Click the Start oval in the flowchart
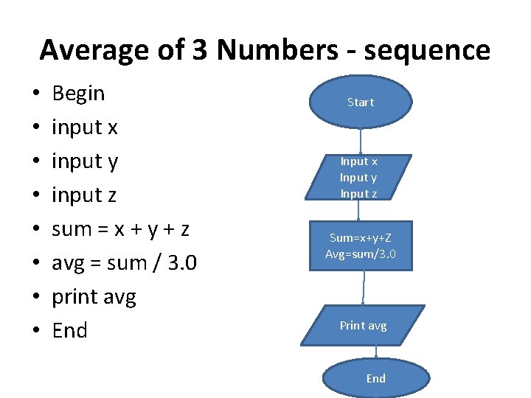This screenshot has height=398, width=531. (361, 102)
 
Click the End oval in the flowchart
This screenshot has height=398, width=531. (375, 378)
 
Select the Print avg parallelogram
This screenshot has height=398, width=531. (363, 325)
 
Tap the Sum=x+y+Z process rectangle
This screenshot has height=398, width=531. (361, 245)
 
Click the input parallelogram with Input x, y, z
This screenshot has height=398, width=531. (358, 177)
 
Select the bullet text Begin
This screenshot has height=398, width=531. (79, 94)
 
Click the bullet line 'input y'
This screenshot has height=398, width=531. (85, 161)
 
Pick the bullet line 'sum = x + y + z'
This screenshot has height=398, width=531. (121, 229)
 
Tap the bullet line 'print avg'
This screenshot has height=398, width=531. (94, 297)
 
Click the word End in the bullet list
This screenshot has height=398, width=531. (70, 330)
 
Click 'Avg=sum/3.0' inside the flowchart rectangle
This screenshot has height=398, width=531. (361, 254)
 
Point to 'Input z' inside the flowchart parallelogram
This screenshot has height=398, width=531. (358, 194)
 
